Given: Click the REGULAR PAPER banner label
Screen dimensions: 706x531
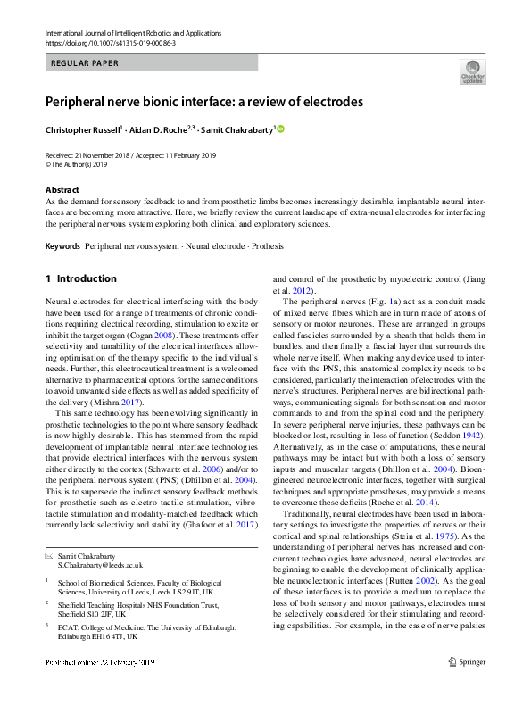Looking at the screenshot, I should coord(86,63).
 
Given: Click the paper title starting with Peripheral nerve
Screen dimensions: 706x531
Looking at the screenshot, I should coord(204,102).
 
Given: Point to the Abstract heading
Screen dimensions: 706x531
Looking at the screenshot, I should coord(62,190).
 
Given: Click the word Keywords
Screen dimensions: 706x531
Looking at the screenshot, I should coord(62,245).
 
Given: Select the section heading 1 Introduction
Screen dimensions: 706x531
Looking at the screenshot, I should coord(81,279).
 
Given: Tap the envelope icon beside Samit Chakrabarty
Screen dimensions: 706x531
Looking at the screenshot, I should coord(49,556).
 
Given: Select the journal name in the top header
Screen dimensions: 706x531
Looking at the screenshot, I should coord(134,33).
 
